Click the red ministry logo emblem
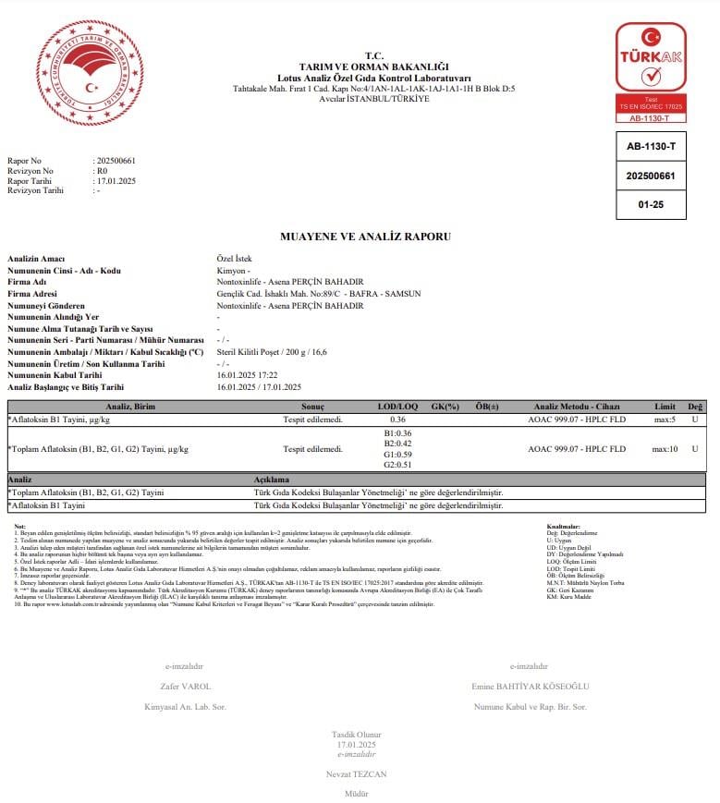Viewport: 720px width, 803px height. coord(89,73)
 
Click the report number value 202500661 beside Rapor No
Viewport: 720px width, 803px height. coord(116,161)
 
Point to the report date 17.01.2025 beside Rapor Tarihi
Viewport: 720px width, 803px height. coord(116,181)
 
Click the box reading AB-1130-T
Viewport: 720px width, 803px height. coord(651,146)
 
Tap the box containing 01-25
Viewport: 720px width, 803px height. coord(651,204)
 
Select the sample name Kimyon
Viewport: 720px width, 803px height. coord(233,270)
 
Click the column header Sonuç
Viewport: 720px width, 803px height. coord(312,407)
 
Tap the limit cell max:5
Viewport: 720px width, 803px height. coord(665,420)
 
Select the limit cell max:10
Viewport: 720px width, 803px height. coord(665,449)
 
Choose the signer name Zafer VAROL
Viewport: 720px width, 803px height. coord(185,687)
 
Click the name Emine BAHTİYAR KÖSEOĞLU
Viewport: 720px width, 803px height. coord(530,687)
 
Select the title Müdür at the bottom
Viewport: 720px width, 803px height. coord(356,793)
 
